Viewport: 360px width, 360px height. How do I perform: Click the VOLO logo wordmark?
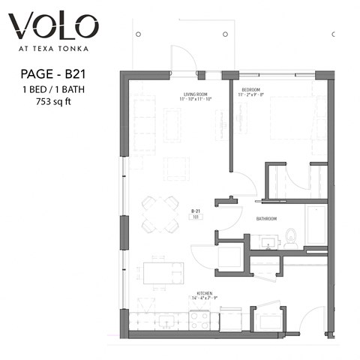pos(53,28)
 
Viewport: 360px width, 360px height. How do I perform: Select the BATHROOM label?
pos(267,219)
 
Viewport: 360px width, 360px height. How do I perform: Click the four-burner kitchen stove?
pos(199,320)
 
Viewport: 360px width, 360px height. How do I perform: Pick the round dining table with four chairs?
pos(158,214)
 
